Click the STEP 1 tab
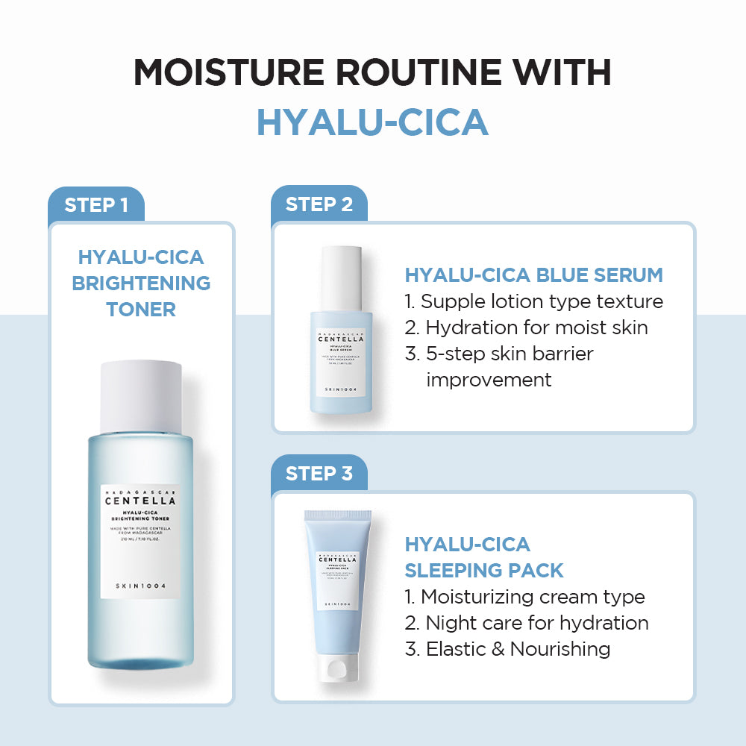click(95, 205)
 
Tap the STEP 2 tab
click(319, 204)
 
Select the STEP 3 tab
click(319, 474)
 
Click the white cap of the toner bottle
click(141, 395)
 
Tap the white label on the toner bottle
click(140, 540)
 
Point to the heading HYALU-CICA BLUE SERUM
click(533, 275)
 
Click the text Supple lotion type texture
click(534, 301)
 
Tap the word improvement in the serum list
click(489, 380)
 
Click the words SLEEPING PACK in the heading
click(484, 571)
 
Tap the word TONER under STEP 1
click(141, 309)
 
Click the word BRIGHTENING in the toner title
click(141, 283)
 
